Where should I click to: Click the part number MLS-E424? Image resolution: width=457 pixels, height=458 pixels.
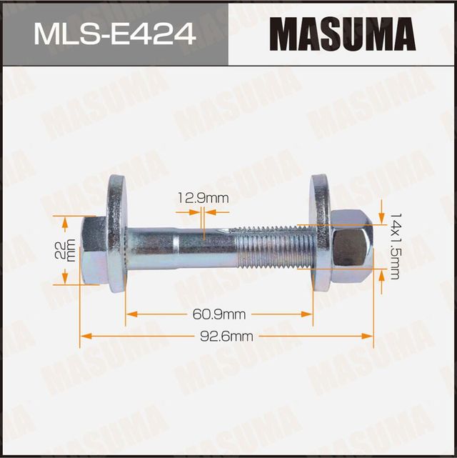[x=114, y=33]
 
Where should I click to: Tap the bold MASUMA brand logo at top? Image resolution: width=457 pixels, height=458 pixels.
[x=343, y=34]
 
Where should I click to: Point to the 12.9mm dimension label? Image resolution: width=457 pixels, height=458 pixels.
[x=204, y=197]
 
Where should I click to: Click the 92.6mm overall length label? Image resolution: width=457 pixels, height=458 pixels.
[x=227, y=335]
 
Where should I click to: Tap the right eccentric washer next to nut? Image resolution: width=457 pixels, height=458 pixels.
[x=319, y=232]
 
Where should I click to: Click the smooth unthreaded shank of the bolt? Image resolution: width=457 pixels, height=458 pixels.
[x=179, y=247]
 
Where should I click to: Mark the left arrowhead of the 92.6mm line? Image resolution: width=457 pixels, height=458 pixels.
[x=84, y=335]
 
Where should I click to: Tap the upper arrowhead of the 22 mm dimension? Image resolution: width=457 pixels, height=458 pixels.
[x=65, y=224]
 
